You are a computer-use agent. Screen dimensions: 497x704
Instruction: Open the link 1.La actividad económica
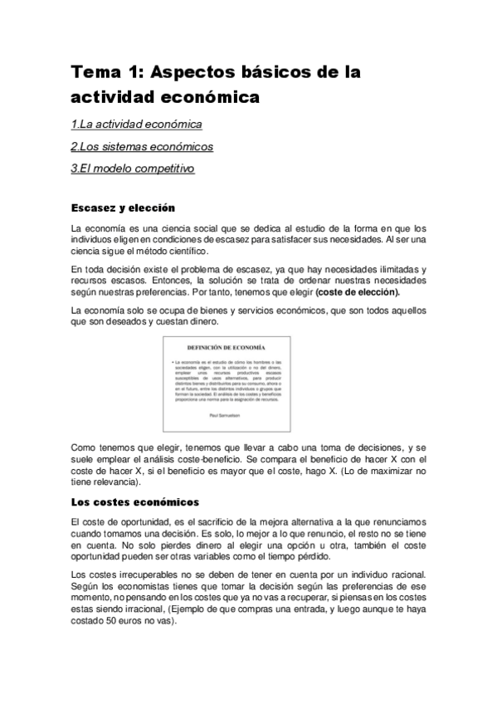(136, 125)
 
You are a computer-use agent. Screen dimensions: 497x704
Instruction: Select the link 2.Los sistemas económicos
(142, 147)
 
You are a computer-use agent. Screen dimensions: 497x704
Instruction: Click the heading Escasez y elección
(123, 207)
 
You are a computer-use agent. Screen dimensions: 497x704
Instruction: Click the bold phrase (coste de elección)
(363, 292)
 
